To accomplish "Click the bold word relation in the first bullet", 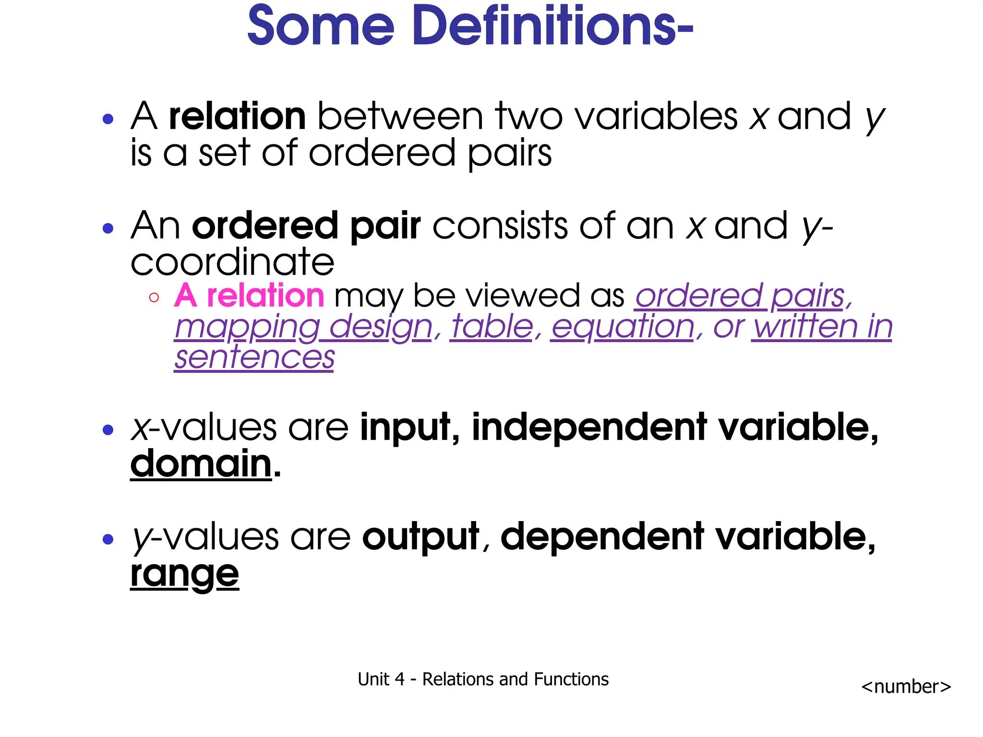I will [237, 117].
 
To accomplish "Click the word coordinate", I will [232, 262].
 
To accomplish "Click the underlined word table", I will [492, 327].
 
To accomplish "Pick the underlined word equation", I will [623, 327].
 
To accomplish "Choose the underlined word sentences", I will [254, 358].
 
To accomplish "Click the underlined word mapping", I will [247, 327].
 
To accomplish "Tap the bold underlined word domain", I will [201, 464].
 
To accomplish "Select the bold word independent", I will [589, 427].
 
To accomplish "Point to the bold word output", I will [421, 536].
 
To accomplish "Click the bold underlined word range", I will [184, 574].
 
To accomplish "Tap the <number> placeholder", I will [906, 687].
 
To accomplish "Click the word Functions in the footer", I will [571, 679].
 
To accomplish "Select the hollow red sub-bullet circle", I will [154, 297].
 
